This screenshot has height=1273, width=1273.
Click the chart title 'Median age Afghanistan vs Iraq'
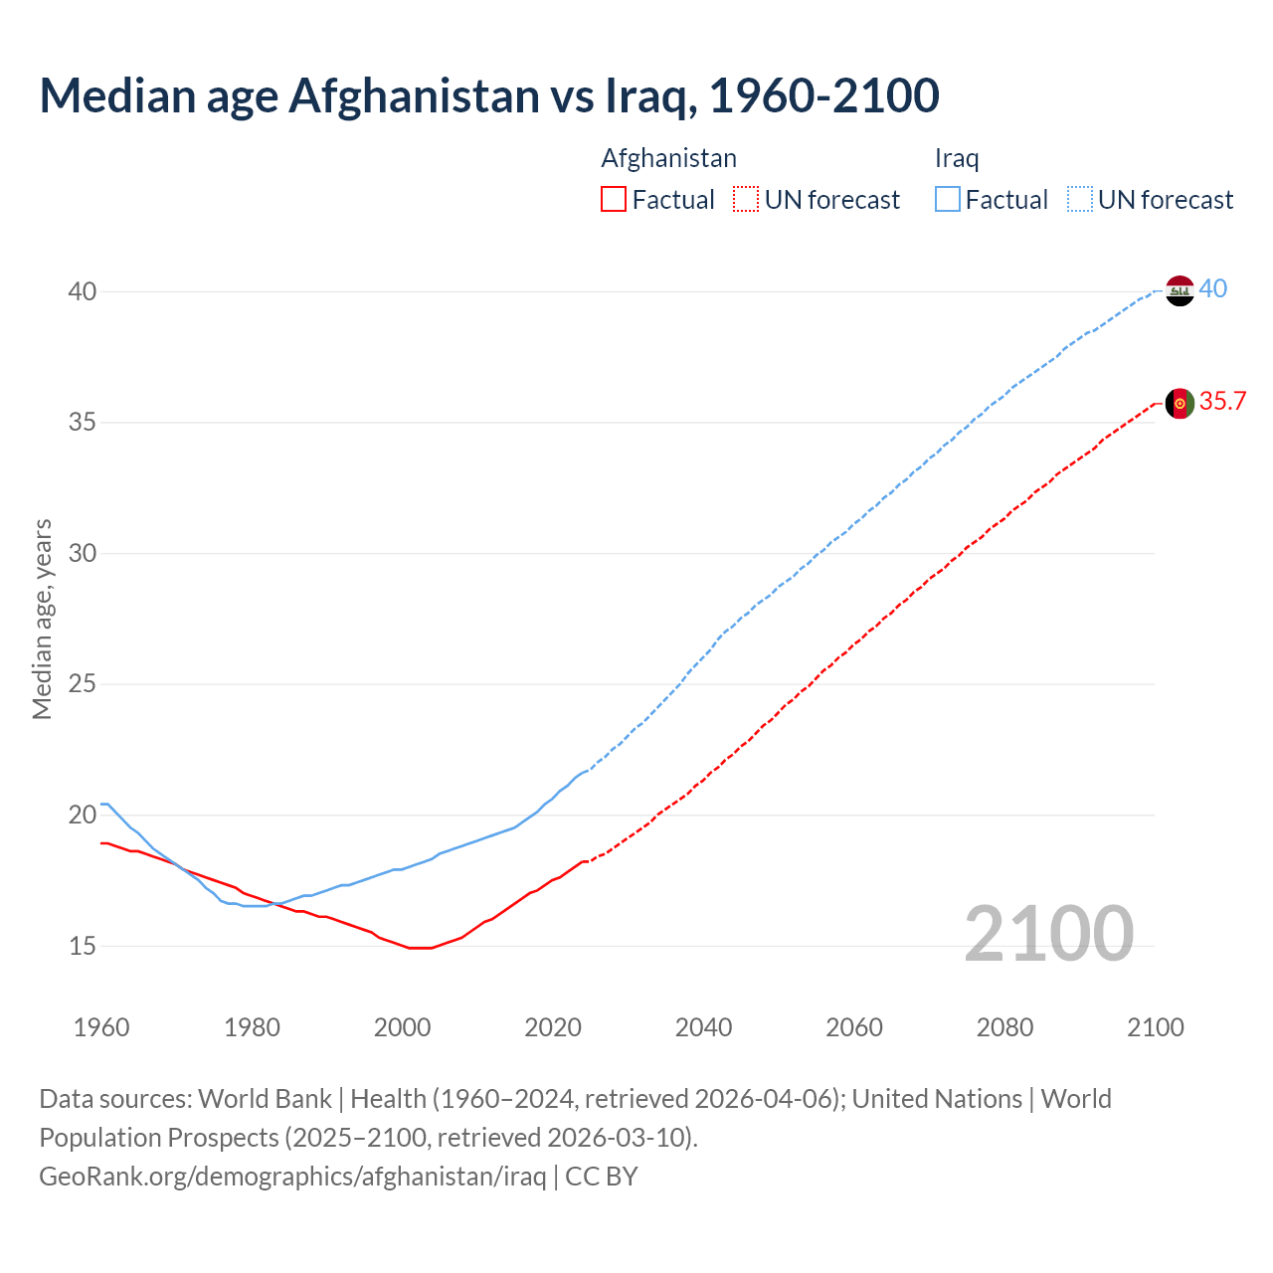[x=488, y=95]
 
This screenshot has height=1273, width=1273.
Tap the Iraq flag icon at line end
[x=1180, y=290]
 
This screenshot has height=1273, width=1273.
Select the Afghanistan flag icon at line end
[x=1180, y=403]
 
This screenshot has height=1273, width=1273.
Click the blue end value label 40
[x=1213, y=289]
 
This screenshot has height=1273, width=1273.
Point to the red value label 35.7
[x=1222, y=402]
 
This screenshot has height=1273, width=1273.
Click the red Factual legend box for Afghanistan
[x=614, y=200]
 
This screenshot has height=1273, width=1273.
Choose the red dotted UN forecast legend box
[x=746, y=200]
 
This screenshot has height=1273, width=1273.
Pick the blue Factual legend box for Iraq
[x=948, y=200]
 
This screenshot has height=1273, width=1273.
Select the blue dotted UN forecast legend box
[x=1080, y=200]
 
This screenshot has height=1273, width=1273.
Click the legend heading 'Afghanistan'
[x=668, y=158]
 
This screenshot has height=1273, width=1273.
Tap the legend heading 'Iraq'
[x=957, y=158]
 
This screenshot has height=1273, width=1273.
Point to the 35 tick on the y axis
[x=82, y=423]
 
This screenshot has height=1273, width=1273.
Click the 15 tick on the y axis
[x=82, y=946]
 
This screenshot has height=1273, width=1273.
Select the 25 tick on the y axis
[x=82, y=684]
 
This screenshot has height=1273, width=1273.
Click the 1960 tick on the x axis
[x=101, y=1027]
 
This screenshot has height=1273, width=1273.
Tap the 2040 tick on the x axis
[x=703, y=1027]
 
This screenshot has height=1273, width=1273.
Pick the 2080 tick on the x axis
[x=1004, y=1027]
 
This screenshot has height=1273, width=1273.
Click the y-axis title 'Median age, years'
[x=42, y=619]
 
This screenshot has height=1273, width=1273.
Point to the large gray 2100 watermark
[x=1048, y=933]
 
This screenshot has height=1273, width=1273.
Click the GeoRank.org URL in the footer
[x=292, y=1177]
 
